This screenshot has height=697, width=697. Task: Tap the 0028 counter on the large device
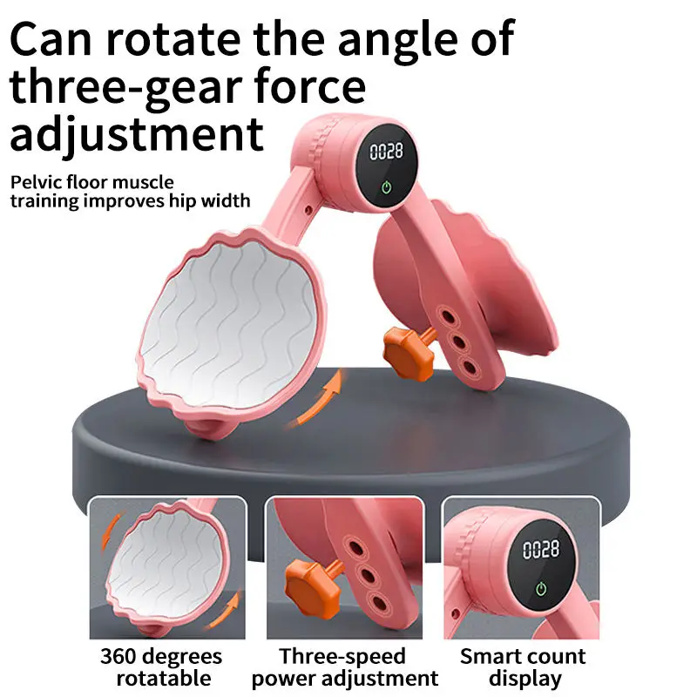[x=387, y=152]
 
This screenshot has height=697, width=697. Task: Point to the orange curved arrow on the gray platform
[x=313, y=401]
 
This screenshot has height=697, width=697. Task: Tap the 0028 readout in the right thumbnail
[x=541, y=549]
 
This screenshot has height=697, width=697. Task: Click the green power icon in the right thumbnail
[x=541, y=588]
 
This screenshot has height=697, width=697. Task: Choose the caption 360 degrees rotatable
[x=161, y=667]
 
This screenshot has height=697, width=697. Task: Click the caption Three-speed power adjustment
[x=344, y=667]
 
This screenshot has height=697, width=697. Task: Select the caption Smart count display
[x=523, y=667]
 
